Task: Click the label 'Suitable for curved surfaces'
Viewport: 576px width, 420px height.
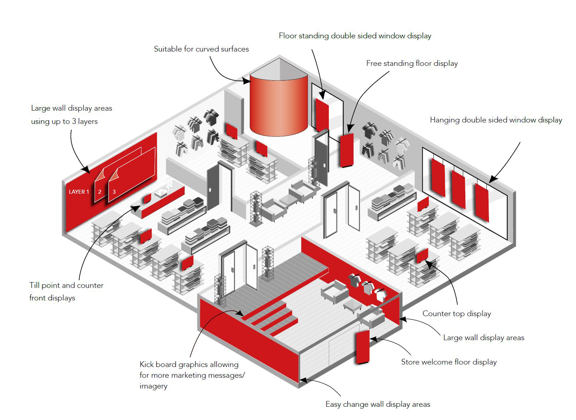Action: (x=201, y=49)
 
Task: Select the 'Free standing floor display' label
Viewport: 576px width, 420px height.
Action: (x=412, y=63)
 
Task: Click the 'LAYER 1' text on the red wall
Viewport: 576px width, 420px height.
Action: (x=79, y=192)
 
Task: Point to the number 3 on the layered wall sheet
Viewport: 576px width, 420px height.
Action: (x=114, y=192)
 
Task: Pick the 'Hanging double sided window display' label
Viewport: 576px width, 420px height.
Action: (x=496, y=120)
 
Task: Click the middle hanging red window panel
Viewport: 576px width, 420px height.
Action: (x=459, y=189)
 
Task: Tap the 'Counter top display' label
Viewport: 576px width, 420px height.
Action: (x=456, y=314)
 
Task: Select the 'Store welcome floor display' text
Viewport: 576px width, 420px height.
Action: (x=448, y=362)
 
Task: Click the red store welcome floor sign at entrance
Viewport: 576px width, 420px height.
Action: (x=362, y=347)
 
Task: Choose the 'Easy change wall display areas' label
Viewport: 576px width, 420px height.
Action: (x=378, y=404)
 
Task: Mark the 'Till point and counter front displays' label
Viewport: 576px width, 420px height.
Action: (x=66, y=291)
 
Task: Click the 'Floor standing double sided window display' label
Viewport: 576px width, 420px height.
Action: (x=355, y=36)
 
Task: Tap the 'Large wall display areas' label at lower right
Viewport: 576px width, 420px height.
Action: (x=483, y=338)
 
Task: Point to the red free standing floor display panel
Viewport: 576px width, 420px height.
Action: (x=346, y=150)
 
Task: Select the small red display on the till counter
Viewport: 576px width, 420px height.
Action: (x=147, y=199)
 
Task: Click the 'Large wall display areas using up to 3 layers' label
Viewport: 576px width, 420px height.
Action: (x=71, y=115)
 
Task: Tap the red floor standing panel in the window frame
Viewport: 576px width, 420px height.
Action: (x=322, y=114)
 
